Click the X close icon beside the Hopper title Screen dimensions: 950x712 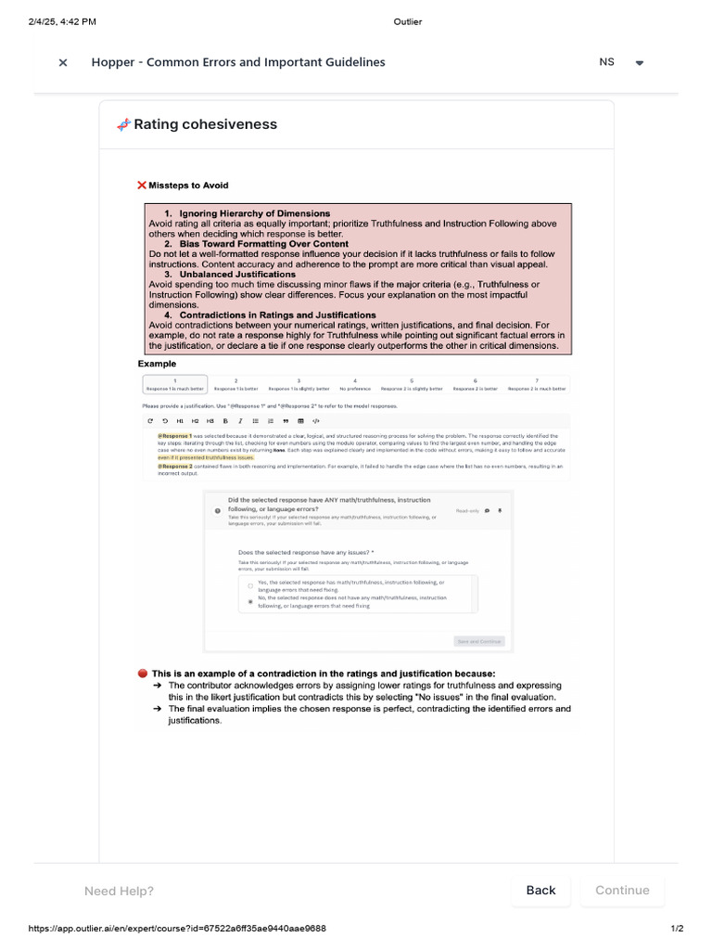(x=63, y=63)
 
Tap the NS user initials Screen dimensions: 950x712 (x=606, y=62)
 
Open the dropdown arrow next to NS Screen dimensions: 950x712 (x=639, y=63)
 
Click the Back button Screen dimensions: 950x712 (x=540, y=890)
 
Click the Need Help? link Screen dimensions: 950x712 (x=119, y=892)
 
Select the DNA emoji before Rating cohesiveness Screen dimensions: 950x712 (x=123, y=124)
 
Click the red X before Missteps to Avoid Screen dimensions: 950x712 (x=142, y=186)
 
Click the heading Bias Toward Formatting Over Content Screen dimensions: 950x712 (x=263, y=244)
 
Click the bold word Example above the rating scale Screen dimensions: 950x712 (x=157, y=364)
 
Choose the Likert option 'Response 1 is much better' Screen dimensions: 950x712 (x=174, y=385)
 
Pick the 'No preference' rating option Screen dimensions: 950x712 (x=355, y=385)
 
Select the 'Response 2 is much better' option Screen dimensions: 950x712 (x=538, y=385)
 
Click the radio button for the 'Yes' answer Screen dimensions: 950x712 (x=250, y=585)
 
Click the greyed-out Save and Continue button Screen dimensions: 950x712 (x=479, y=641)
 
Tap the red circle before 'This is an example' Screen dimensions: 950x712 (x=142, y=674)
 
